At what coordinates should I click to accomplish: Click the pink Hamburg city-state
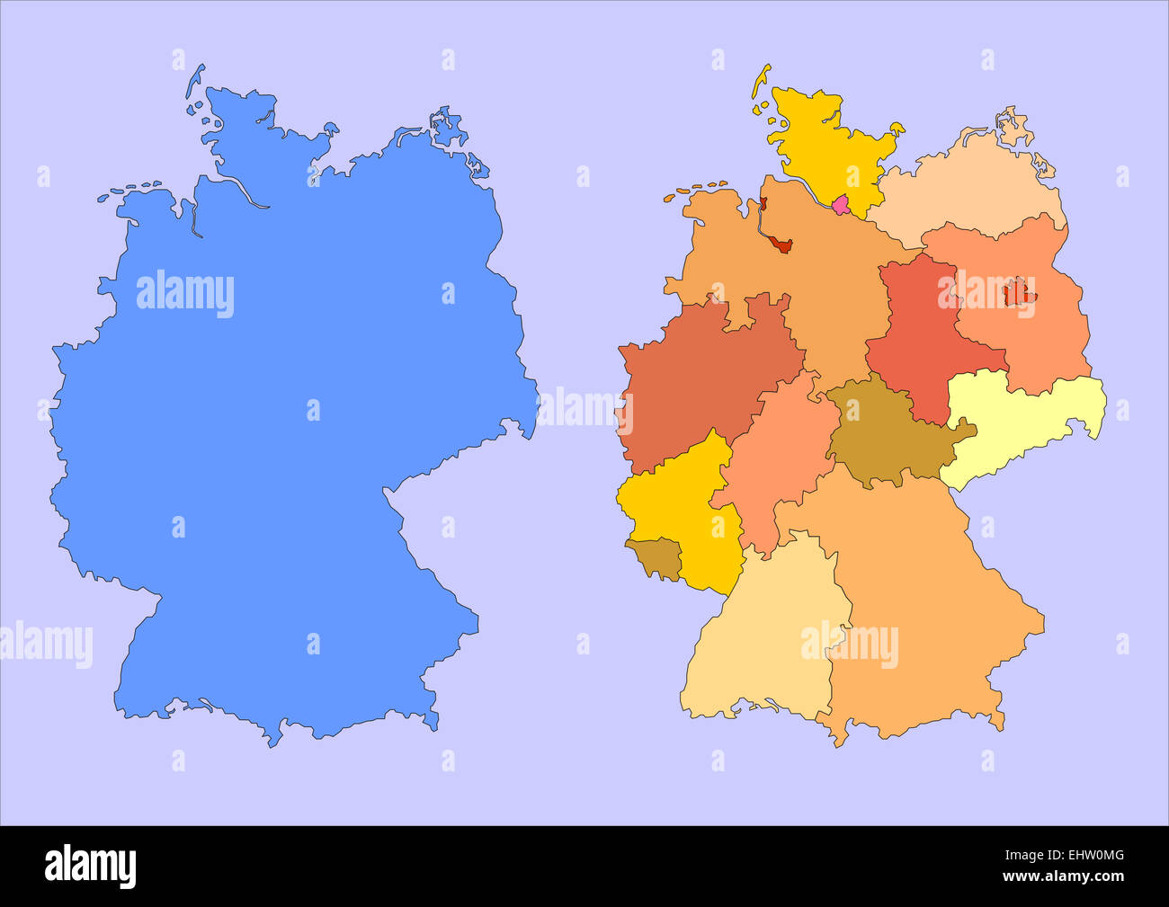[x=841, y=205]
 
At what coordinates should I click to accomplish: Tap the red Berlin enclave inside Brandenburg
[x=1017, y=291]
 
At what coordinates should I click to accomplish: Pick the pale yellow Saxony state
[x=1025, y=422]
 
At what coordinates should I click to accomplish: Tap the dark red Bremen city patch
[x=781, y=245]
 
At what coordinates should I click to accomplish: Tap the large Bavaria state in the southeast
[x=926, y=593]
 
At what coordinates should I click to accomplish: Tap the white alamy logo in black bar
[x=91, y=866]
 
